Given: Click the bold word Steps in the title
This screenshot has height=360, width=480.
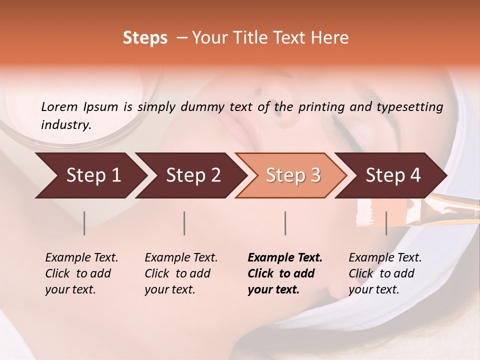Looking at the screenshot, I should [x=145, y=38].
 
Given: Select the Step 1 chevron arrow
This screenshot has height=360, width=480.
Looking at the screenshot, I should [x=90, y=175].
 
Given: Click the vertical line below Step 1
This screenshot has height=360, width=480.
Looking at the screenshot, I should [x=84, y=223].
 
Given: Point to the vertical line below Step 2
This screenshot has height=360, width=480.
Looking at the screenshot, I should [x=184, y=223].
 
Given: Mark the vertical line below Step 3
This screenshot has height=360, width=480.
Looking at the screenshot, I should [x=285, y=223].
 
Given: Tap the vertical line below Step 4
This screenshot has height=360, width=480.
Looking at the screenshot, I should [x=386, y=223].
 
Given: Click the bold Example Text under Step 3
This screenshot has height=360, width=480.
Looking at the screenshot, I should [x=285, y=258].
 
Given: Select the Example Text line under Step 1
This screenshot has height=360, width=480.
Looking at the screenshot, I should [x=81, y=258].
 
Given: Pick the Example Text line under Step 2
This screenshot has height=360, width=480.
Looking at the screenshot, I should [x=181, y=258].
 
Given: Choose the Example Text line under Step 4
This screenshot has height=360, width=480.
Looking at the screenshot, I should [x=385, y=258].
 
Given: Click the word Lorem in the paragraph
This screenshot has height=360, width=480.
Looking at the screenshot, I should [x=59, y=106].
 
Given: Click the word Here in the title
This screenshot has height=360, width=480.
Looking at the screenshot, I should [x=332, y=38].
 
